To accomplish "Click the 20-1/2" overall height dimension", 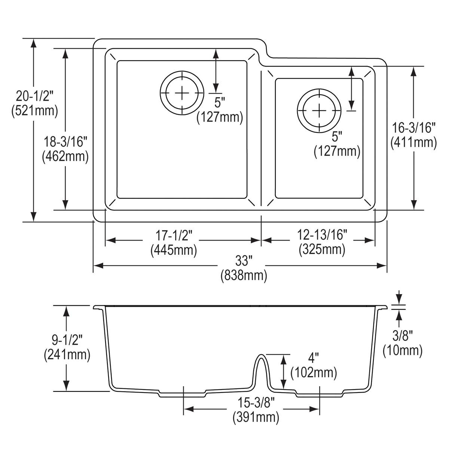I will tap(34, 97).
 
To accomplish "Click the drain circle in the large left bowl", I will tap(182, 92).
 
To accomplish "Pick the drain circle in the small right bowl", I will tap(319, 110).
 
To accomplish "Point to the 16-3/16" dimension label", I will tap(413, 128).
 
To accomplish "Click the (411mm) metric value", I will tap(413, 142).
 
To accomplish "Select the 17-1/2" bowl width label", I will tap(174, 235).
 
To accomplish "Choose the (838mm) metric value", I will tap(244, 276).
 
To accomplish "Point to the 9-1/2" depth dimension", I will tap(67, 340).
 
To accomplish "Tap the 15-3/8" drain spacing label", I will tap(256, 403).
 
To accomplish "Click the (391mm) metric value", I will tap(256, 417).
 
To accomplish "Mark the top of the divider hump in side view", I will tap(262, 355).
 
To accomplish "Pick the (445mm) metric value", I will tap(174, 250).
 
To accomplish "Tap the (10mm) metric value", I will tap(402, 350).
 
